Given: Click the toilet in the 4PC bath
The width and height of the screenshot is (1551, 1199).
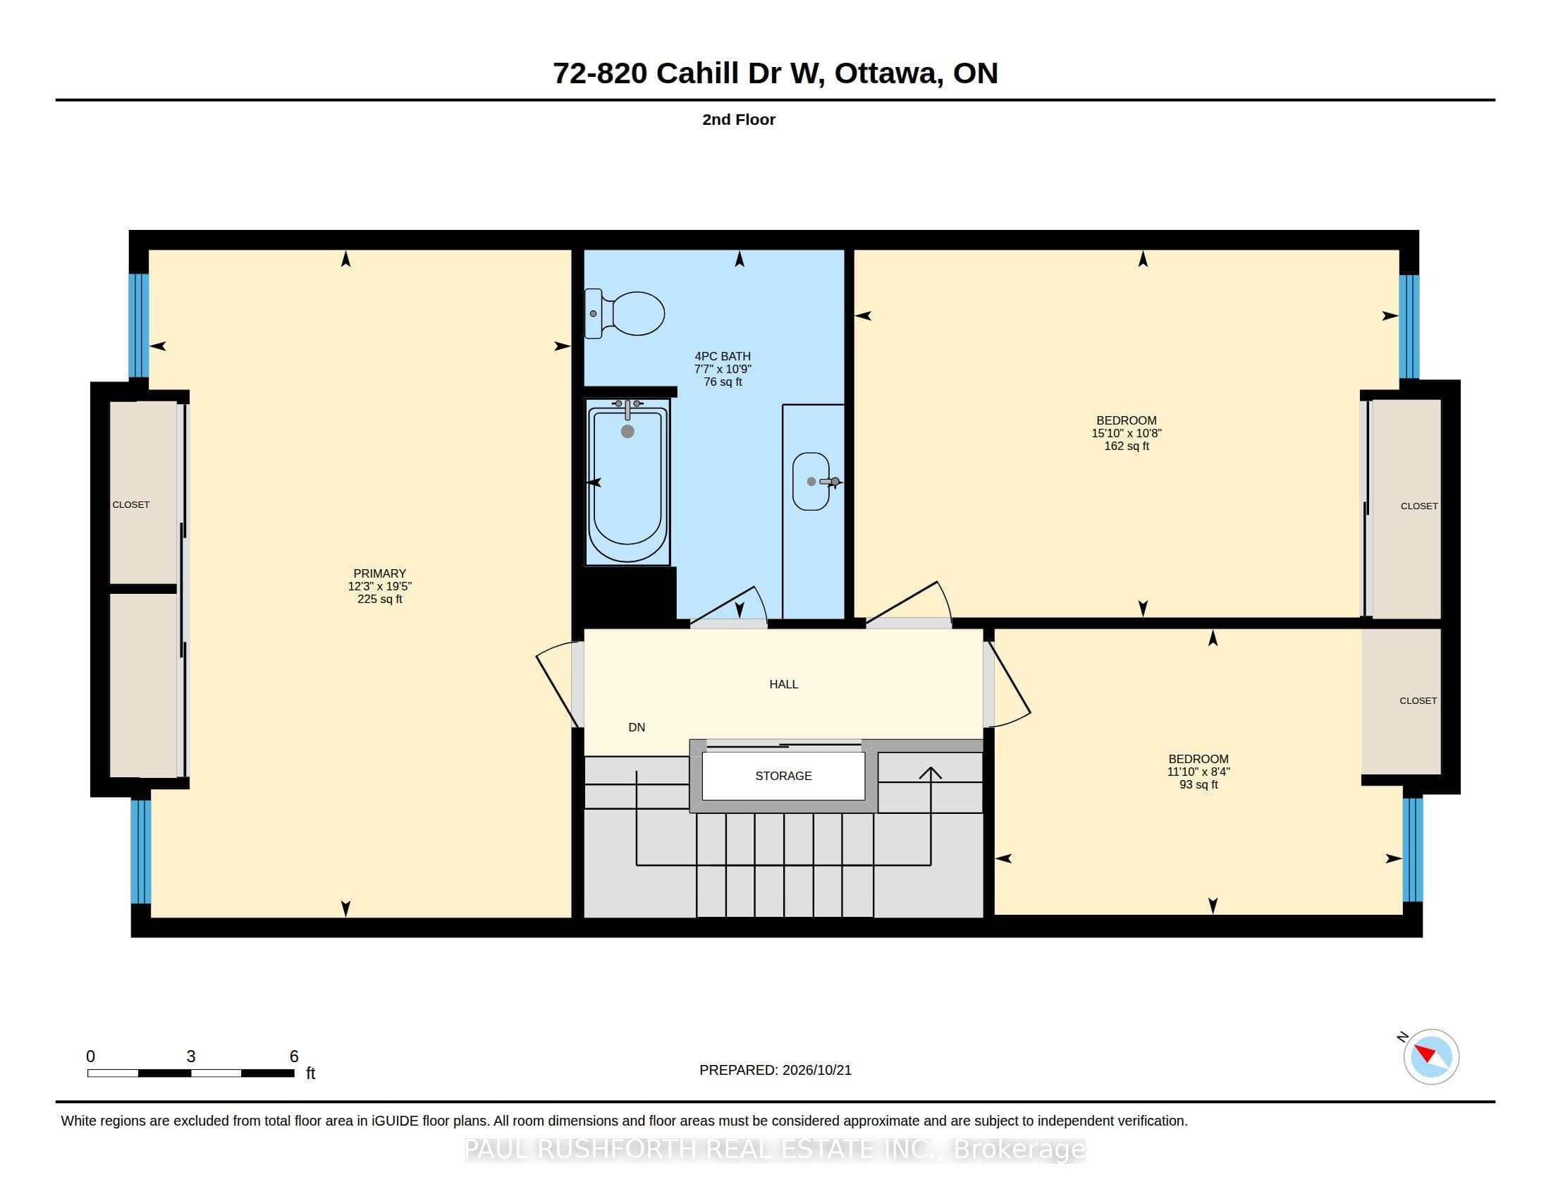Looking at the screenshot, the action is [624, 313].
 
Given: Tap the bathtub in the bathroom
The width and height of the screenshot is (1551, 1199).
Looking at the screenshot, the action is [627, 482].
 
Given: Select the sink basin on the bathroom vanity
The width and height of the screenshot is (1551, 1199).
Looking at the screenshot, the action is [811, 482].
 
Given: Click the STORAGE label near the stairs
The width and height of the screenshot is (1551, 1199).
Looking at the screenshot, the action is [783, 776].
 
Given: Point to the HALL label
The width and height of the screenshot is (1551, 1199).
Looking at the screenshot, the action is [784, 684].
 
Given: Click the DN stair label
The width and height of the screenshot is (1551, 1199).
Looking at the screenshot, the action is [637, 727].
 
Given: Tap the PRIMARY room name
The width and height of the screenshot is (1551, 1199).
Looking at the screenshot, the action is [380, 573].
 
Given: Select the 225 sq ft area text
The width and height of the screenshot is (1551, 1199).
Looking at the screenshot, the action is [380, 599].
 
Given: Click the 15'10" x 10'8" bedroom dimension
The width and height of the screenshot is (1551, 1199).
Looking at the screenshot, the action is [1127, 433].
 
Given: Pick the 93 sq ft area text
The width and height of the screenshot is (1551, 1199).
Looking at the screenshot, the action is [1198, 784].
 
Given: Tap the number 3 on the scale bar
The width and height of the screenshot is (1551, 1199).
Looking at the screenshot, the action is [191, 1057].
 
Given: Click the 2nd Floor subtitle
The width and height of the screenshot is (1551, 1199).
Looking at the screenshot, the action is [739, 119].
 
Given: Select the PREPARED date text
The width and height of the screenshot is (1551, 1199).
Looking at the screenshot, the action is [775, 1070].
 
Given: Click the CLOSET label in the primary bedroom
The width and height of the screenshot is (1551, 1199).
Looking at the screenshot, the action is [130, 504].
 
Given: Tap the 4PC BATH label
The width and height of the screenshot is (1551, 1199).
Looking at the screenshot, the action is [722, 356].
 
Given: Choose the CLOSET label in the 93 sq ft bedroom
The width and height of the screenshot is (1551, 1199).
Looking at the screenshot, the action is [1418, 700].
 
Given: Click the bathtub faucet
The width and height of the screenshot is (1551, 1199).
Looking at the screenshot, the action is [627, 408].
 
